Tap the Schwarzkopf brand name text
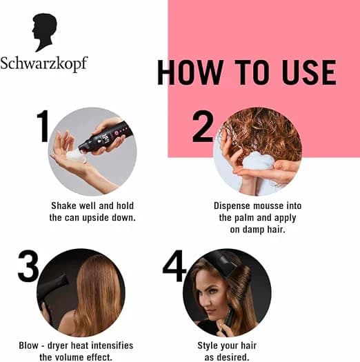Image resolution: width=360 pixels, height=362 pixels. [44, 63]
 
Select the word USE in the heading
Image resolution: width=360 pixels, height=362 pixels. [309, 72]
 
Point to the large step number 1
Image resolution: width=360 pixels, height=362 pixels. [43, 126]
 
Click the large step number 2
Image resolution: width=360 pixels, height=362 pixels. [203, 126]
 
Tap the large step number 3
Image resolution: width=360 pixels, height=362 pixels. [28, 265]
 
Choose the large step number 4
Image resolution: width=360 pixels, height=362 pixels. [174, 265]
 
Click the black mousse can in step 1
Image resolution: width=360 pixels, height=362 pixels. [106, 139]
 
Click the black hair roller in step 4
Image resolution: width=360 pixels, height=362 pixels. [223, 264]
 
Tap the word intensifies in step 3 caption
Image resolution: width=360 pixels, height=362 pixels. [112, 345]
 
